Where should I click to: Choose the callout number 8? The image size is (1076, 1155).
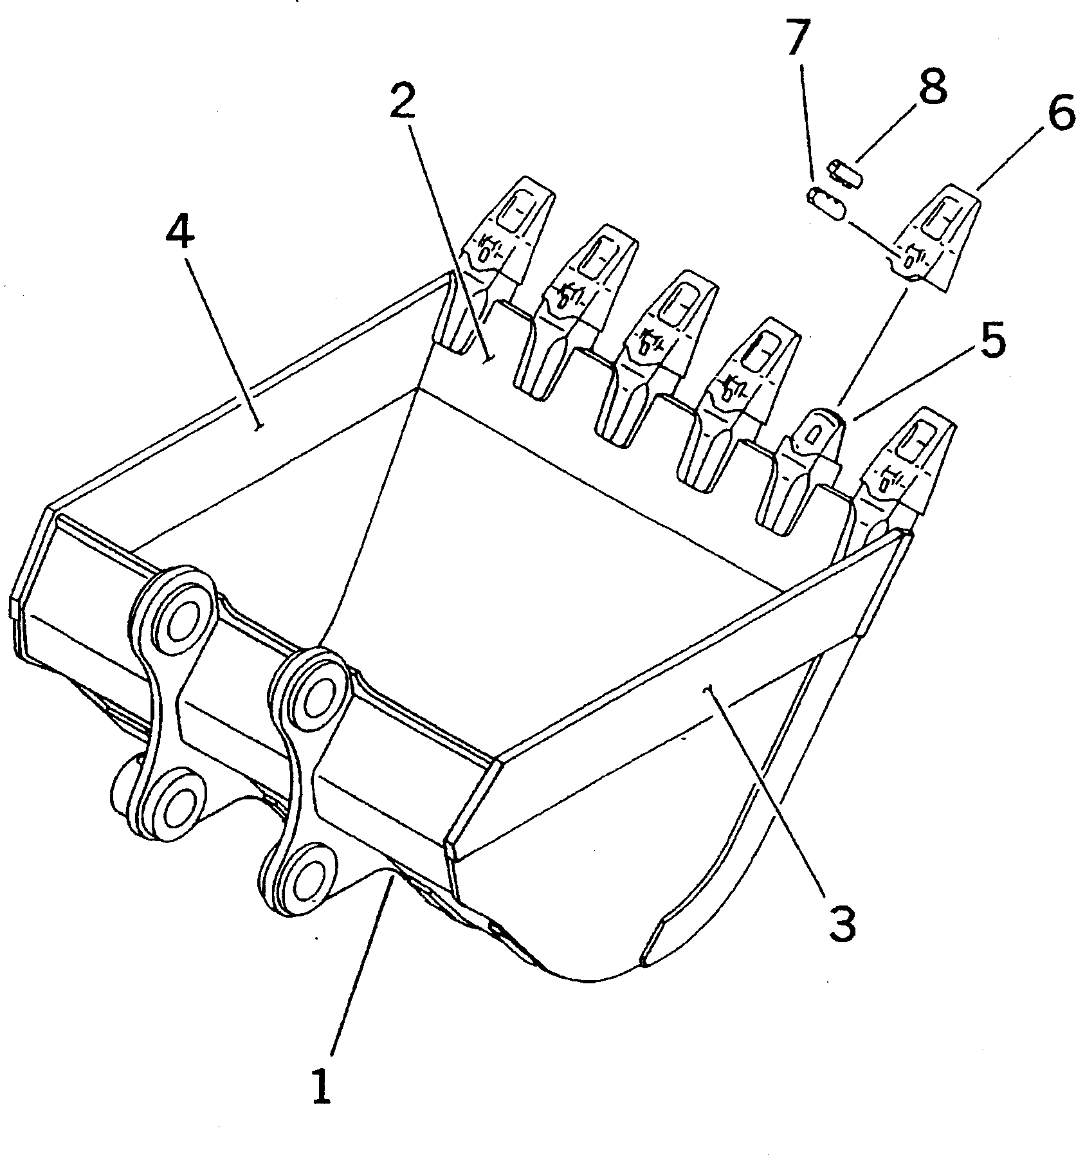(932, 87)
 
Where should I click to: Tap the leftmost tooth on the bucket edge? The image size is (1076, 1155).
(498, 257)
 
